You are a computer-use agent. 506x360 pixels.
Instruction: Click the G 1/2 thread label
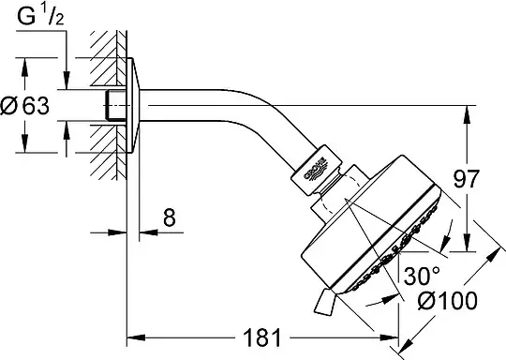[40, 17]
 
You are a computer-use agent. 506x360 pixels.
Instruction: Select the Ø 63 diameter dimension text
[24, 106]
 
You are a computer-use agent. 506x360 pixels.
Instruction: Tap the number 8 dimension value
[170, 217]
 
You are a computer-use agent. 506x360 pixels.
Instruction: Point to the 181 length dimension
[262, 337]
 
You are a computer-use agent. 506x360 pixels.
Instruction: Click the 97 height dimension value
[467, 179]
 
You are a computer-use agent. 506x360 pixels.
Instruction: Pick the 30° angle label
[422, 276]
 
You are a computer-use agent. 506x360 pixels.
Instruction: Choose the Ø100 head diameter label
[448, 301]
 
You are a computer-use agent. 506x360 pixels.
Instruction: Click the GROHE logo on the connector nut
[316, 169]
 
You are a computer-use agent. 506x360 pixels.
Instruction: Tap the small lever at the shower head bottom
[325, 302]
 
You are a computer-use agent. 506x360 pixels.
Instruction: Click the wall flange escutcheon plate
[132, 105]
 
